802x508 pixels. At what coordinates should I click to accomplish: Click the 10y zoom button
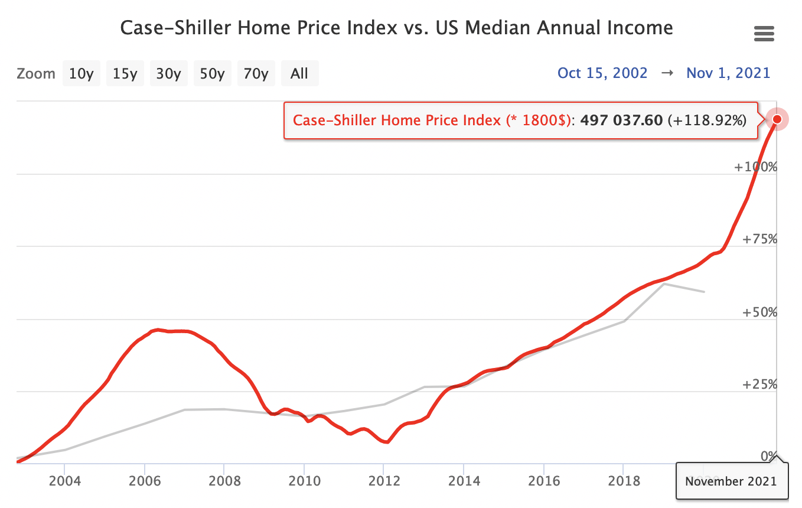[81, 74]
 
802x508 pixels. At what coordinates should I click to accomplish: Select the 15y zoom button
[125, 74]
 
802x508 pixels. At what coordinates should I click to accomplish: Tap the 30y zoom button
[169, 74]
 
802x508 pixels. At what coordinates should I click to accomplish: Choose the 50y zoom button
[213, 74]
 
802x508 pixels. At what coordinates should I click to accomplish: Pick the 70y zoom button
[256, 74]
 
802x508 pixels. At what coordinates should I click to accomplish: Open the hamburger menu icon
[764, 34]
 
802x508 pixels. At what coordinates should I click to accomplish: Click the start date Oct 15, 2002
[602, 73]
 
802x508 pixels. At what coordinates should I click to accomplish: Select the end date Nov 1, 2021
[728, 73]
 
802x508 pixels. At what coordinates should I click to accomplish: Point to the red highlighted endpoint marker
[777, 119]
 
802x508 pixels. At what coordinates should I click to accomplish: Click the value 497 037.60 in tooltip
[622, 121]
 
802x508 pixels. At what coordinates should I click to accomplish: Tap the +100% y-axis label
[755, 167]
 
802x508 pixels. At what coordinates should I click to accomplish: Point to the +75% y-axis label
[759, 240]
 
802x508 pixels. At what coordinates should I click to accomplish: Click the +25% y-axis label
[759, 385]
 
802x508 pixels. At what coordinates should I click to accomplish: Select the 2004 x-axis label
[64, 480]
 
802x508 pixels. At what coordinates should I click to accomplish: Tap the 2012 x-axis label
[383, 480]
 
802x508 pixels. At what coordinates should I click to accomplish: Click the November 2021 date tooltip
[732, 481]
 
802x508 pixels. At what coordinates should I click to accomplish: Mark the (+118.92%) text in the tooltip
[707, 121]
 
